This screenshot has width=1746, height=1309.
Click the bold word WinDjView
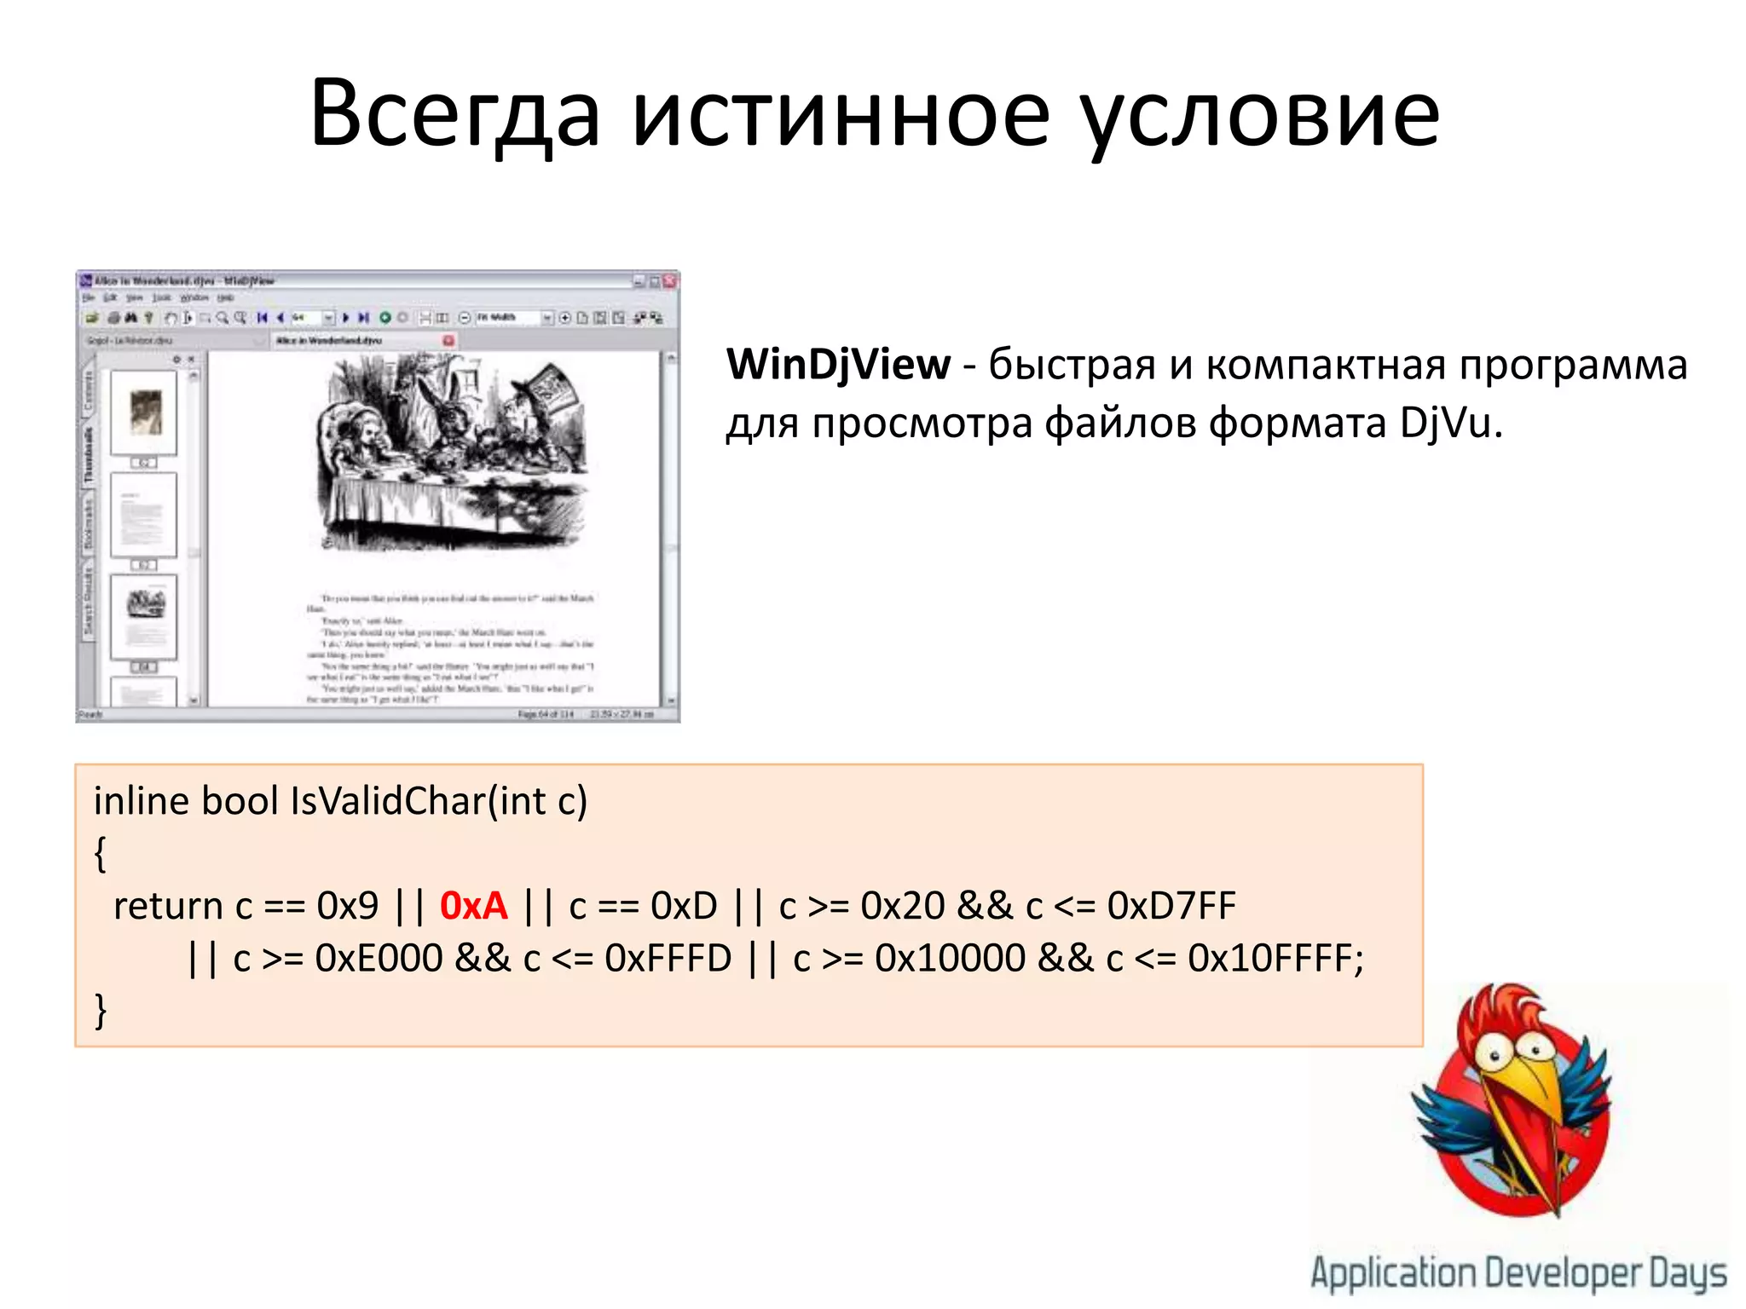tap(838, 365)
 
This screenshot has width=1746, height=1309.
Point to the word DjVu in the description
tap(1446, 423)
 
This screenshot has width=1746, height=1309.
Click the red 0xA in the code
tap(473, 906)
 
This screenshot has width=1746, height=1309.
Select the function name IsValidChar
tap(388, 801)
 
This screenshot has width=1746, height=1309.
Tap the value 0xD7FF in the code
tap(1171, 906)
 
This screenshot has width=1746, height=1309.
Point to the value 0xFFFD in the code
tap(668, 959)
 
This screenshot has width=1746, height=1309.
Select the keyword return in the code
tap(168, 906)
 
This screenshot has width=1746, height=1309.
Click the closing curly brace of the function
tap(101, 1012)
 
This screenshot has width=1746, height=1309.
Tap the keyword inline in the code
tap(141, 801)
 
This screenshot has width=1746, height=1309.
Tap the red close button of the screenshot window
tap(670, 280)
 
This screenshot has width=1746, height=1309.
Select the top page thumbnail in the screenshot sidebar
tap(144, 413)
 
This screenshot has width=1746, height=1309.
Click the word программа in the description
tap(1573, 365)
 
